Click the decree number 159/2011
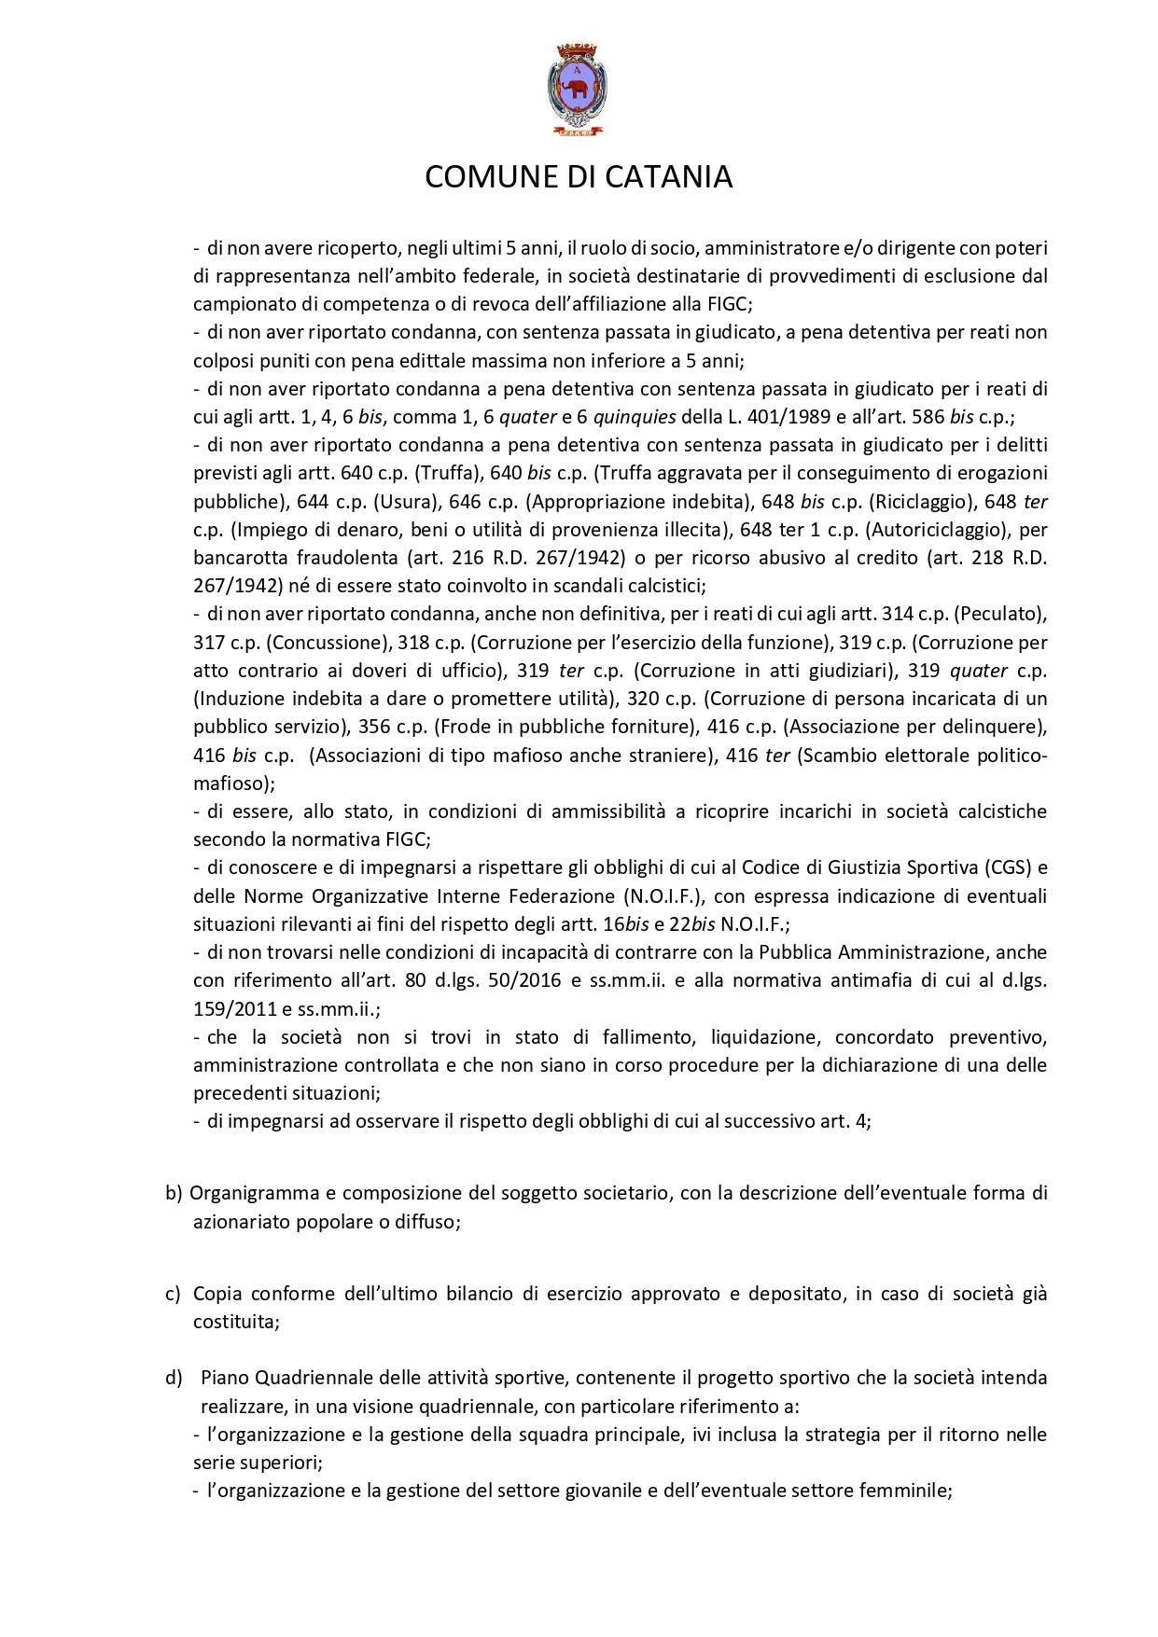point(227,1009)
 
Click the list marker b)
point(174,1193)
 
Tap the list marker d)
point(174,1378)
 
